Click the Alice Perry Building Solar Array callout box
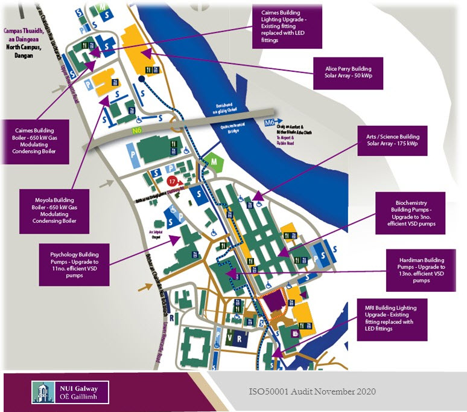[x=349, y=73]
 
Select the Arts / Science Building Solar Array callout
[x=393, y=140]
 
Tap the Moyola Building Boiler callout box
[x=54, y=211]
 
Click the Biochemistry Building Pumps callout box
[x=410, y=213]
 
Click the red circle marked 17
[x=173, y=181]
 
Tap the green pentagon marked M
[x=212, y=162]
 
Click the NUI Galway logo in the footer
[x=71, y=392]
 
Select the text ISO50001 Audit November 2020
[x=312, y=391]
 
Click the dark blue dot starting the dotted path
[x=141, y=79]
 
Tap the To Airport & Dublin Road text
[x=292, y=140]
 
